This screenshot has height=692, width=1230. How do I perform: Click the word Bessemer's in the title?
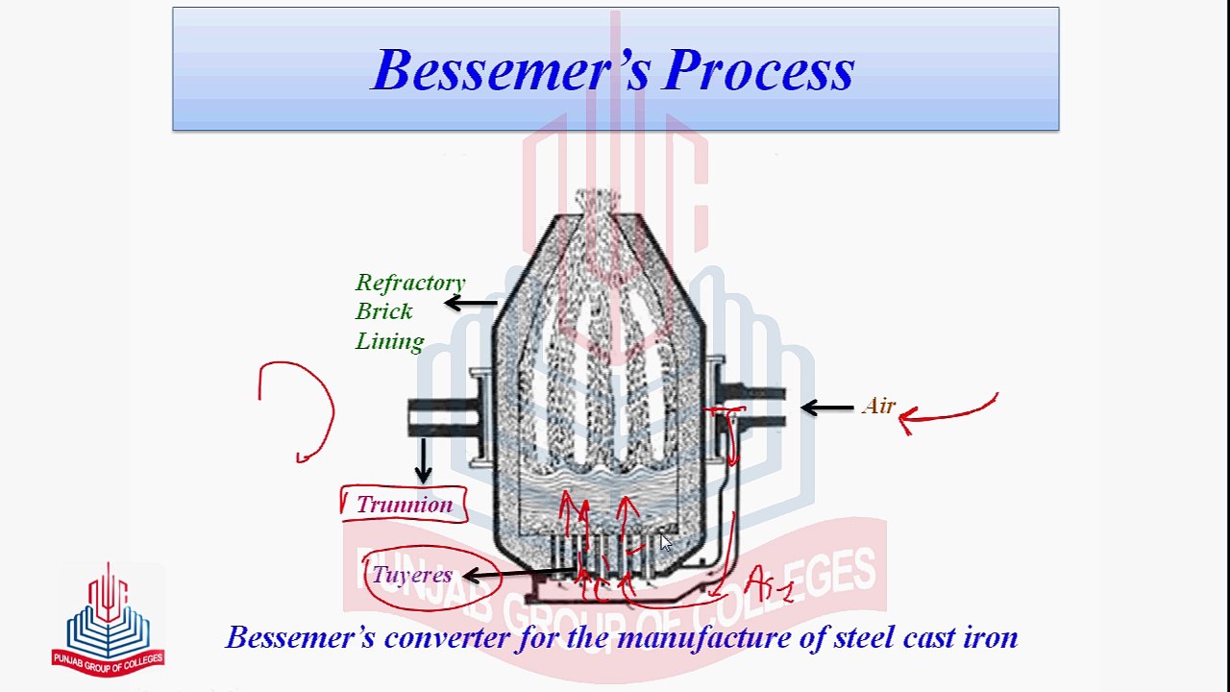(509, 70)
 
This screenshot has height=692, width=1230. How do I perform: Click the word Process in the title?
(758, 70)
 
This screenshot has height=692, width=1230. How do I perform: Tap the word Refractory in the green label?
(410, 283)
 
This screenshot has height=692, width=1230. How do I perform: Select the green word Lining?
(389, 341)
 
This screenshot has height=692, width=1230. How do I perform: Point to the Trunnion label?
(404, 505)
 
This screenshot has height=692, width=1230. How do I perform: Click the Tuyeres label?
(411, 575)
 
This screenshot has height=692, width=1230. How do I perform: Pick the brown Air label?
(878, 406)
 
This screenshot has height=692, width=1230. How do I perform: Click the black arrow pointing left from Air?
(826, 408)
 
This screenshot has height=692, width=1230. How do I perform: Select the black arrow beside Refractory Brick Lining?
(470, 304)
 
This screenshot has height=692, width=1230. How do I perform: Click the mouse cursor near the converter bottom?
(666, 543)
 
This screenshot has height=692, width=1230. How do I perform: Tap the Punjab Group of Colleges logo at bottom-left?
(108, 620)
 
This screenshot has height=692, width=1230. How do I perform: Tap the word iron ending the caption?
(990, 637)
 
